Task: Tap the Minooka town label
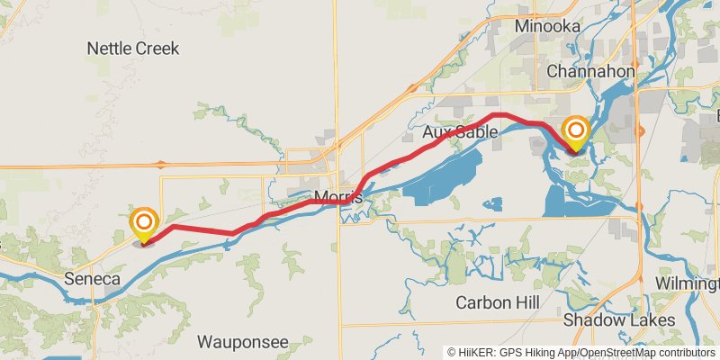point(546,26)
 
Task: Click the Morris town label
point(338,197)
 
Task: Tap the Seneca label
point(92,280)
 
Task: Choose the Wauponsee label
point(243,342)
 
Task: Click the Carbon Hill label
point(496,301)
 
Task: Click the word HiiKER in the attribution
point(478,353)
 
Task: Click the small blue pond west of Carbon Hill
point(491,204)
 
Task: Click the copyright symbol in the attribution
point(452,353)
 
